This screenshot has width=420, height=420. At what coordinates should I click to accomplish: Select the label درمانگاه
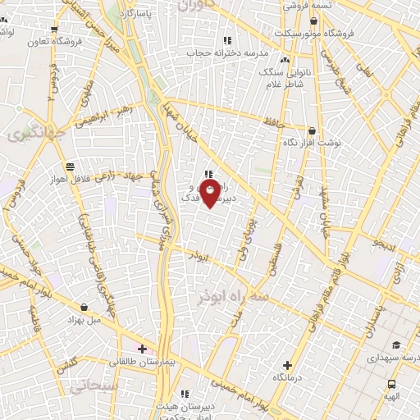point(286,378)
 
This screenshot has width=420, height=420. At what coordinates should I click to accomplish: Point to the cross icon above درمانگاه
point(286,365)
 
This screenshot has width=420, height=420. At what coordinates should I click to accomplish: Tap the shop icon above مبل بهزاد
point(107,306)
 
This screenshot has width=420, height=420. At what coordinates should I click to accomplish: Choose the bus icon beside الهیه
point(391,384)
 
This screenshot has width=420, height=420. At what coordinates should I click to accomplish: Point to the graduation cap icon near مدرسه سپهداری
point(395,345)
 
